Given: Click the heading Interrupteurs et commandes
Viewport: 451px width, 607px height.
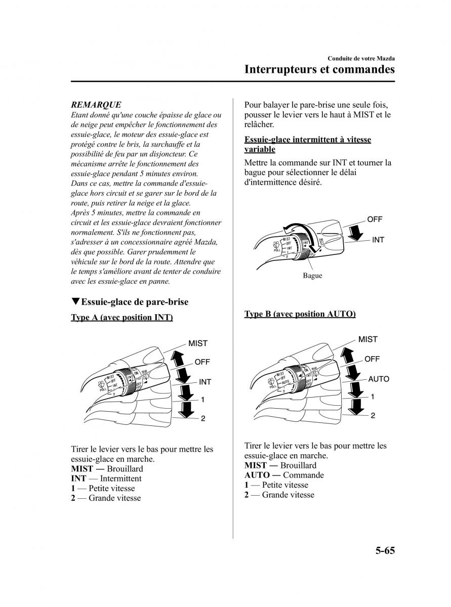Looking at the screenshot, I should pos(319,69).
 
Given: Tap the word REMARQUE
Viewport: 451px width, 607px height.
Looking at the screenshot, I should pos(96,105).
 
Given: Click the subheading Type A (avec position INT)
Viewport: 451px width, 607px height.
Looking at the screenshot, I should pos(122,318).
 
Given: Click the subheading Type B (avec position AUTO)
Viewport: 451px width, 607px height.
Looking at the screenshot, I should pos(300,314).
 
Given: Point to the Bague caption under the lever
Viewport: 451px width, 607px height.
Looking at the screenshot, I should pos(312,276).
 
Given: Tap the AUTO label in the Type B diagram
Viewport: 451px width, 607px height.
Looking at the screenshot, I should pos(378,379).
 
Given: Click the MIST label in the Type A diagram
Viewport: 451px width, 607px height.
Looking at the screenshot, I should pos(198,343).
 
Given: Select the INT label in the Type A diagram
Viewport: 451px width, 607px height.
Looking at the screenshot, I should pos(205,382).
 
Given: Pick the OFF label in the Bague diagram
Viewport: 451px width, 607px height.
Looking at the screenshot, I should pos(375,220).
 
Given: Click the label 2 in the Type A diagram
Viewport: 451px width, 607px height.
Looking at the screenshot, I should pos(203,418).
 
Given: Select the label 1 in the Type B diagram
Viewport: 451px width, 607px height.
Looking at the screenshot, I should pos(373,397).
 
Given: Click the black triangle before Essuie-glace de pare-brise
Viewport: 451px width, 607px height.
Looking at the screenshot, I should pos(75,302).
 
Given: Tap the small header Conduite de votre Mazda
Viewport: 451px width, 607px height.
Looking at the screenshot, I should pos(361,59).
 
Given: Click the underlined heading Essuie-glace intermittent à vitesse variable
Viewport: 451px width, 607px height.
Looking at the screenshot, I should pos(307,144).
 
